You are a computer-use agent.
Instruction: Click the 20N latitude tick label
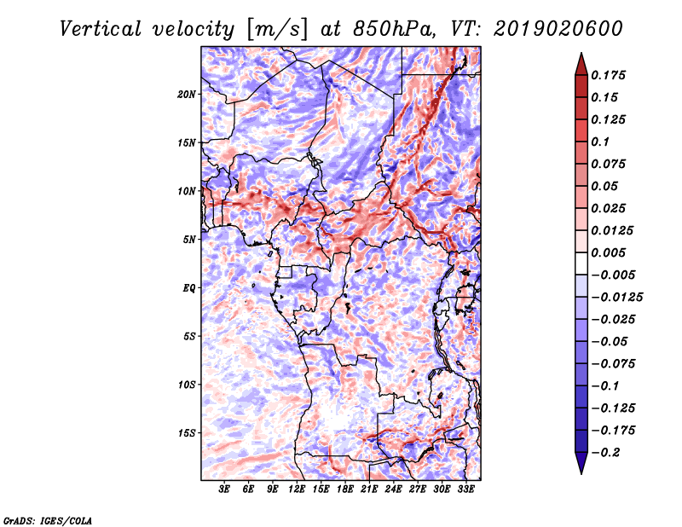[x=187, y=95]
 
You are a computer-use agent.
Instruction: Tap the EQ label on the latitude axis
[x=189, y=288]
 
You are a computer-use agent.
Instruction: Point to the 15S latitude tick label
[x=187, y=433]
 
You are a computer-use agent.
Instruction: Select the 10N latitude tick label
[x=187, y=191]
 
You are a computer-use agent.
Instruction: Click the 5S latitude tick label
[x=189, y=336]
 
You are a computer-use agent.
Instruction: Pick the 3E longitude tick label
[x=224, y=489]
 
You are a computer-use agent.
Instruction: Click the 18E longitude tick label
[x=345, y=489]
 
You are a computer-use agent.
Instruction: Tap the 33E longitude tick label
[x=465, y=489]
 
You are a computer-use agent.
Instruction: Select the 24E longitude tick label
[x=393, y=489]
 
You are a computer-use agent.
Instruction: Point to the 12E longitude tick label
[x=297, y=489]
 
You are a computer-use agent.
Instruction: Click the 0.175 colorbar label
[x=608, y=75]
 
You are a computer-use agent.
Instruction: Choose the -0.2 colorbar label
[x=605, y=453]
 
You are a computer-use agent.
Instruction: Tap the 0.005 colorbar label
[x=608, y=252]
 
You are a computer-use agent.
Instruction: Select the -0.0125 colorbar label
[x=616, y=298]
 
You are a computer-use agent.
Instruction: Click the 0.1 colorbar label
[x=600, y=142]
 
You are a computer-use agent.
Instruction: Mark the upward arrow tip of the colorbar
[x=581, y=53]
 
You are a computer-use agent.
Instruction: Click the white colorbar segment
[x=581, y=263]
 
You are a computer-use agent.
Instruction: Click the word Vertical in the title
[x=100, y=29]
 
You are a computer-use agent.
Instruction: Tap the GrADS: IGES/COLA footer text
[x=48, y=520]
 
